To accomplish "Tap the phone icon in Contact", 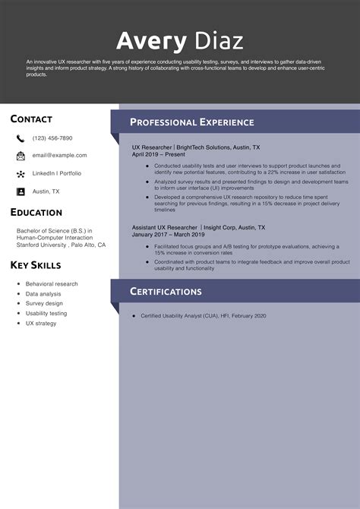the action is click(x=21, y=138).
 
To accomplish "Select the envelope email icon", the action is click(x=21, y=156).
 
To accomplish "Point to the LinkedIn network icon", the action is click(x=21, y=174).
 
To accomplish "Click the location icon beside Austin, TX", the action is click(x=21, y=191).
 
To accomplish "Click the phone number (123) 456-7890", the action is click(x=52, y=138).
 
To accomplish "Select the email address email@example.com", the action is click(x=59, y=156).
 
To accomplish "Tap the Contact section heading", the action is click(x=31, y=119).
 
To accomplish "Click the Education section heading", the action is click(x=36, y=213).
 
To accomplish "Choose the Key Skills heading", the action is click(x=36, y=265).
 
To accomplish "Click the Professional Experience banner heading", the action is click(x=191, y=122).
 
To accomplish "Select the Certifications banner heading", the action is click(x=166, y=292).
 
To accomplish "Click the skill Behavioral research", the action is click(x=52, y=284).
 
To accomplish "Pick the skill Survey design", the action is click(x=44, y=303).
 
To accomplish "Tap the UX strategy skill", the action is click(x=41, y=323).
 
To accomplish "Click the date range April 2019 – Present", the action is click(x=158, y=154).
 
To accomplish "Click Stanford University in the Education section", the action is click(x=43, y=245).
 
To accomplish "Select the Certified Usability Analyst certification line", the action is click(x=203, y=315).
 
